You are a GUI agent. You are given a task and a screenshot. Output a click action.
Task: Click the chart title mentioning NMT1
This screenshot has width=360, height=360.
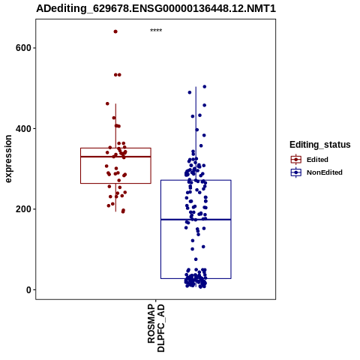(x=156, y=8)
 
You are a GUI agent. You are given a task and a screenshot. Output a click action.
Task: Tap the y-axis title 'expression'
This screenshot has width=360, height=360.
(x=8, y=159)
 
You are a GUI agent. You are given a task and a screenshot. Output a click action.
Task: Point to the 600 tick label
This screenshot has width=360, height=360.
(x=23, y=48)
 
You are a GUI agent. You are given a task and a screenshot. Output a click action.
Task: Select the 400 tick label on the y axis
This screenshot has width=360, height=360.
(x=23, y=129)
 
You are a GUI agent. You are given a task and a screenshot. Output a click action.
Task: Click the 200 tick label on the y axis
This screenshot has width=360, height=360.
(x=23, y=209)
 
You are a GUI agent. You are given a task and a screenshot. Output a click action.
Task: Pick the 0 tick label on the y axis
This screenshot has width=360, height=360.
(x=28, y=290)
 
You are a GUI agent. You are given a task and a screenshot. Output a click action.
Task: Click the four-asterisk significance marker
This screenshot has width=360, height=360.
(x=156, y=31)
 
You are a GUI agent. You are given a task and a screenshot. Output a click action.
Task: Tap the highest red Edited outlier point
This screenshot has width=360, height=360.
(x=115, y=31)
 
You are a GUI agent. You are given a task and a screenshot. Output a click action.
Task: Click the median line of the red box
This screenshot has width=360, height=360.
(x=115, y=157)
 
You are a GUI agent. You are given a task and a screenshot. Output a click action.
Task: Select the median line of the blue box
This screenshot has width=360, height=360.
(x=196, y=220)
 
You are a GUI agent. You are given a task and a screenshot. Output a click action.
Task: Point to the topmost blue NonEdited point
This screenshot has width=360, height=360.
(x=205, y=87)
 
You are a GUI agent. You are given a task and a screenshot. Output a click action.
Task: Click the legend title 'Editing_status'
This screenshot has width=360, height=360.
(x=320, y=145)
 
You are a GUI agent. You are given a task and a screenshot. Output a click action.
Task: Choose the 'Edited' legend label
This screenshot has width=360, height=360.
(x=317, y=160)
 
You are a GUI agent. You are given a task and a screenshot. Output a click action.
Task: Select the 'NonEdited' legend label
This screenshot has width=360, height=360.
(x=325, y=172)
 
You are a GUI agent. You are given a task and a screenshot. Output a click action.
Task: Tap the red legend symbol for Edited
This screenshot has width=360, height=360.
(x=296, y=160)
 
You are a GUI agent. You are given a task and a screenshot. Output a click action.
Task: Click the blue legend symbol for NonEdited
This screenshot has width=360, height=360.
(x=296, y=172)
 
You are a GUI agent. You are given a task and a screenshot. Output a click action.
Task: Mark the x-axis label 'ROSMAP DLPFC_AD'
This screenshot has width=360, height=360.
(x=156, y=328)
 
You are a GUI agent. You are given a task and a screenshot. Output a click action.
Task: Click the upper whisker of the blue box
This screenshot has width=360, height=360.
(x=196, y=133)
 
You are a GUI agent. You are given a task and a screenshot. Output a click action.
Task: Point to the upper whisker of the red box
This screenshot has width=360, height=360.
(x=115, y=126)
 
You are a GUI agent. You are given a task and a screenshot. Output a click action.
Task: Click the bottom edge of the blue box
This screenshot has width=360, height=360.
(x=196, y=278)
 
